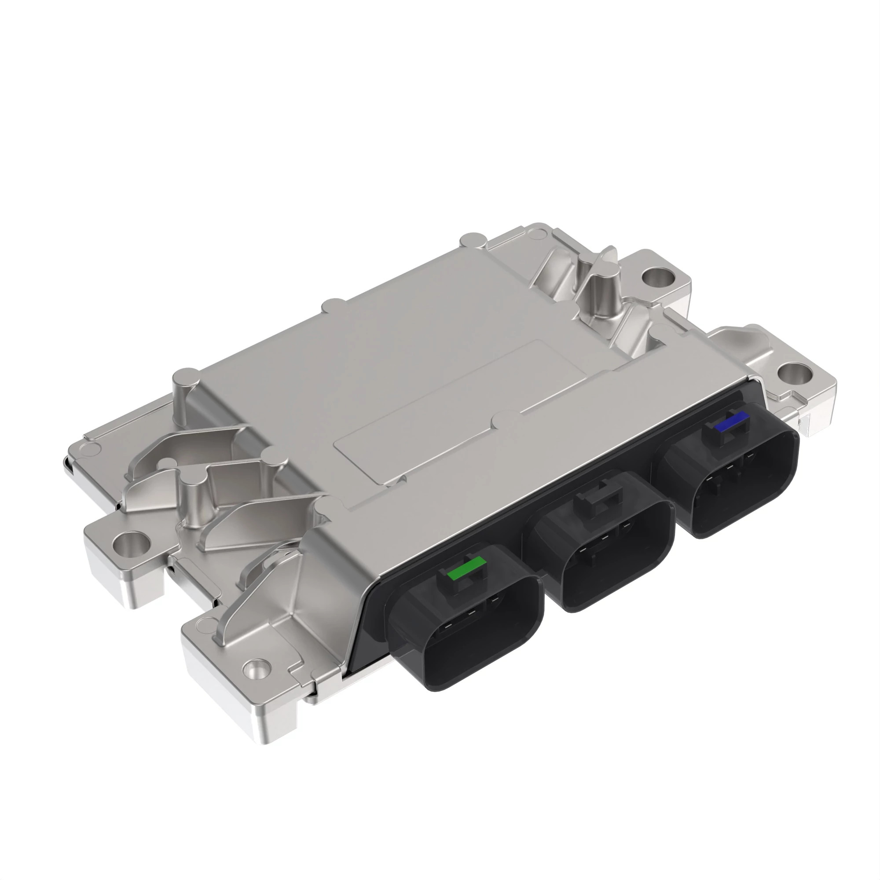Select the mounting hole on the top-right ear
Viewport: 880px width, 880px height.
(657, 275)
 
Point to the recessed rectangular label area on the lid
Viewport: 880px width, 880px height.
(460, 414)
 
